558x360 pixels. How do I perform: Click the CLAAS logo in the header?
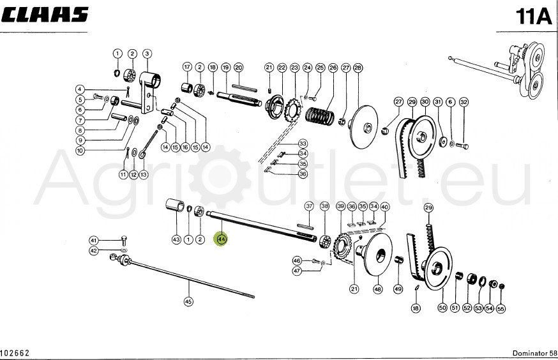[45, 15]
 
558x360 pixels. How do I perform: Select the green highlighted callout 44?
[222, 239]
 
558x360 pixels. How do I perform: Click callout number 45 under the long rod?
[188, 301]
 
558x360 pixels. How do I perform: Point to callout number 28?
[358, 67]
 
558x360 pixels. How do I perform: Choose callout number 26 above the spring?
[332, 67]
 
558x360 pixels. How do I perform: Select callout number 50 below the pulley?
[442, 308]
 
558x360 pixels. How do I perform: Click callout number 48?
[378, 289]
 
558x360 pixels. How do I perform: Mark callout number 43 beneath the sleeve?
[176, 239]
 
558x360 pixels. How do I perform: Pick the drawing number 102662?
[15, 353]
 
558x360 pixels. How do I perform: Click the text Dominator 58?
[531, 353]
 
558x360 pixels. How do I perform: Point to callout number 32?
[464, 102]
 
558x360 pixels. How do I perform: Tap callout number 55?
[501, 308]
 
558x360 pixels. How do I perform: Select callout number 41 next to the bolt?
[93, 241]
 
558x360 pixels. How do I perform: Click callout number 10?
[80, 151]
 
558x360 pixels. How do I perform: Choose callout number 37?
[309, 206]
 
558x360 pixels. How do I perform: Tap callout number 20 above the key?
[238, 67]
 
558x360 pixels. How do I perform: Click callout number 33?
[303, 143]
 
